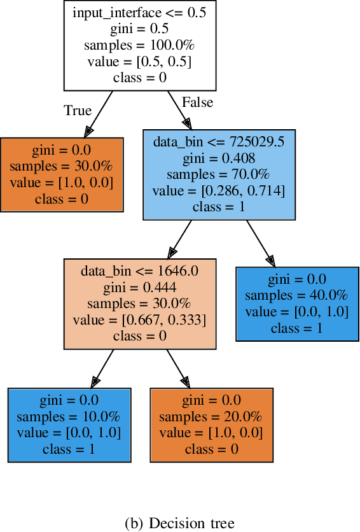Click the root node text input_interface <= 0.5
pyautogui.click(x=140, y=13)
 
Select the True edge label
pyautogui.click(x=78, y=111)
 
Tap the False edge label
pyautogui.click(x=197, y=102)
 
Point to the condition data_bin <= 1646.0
pyautogui.click(x=140, y=270)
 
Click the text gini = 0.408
pyautogui.click(x=219, y=158)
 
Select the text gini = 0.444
pyautogui.click(x=140, y=287)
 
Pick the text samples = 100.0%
pyautogui.click(x=140, y=45)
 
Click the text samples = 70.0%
pyautogui.click(x=219, y=174)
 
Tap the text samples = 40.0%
pyautogui.click(x=296, y=295)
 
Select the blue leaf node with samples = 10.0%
pyautogui.click(x=69, y=424)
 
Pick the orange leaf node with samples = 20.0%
pyautogui.click(x=212, y=424)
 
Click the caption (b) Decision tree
pyautogui.click(x=180, y=523)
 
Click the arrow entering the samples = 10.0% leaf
pyautogui.click(x=102, y=368)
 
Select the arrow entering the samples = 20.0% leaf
pyautogui.click(x=178, y=368)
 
